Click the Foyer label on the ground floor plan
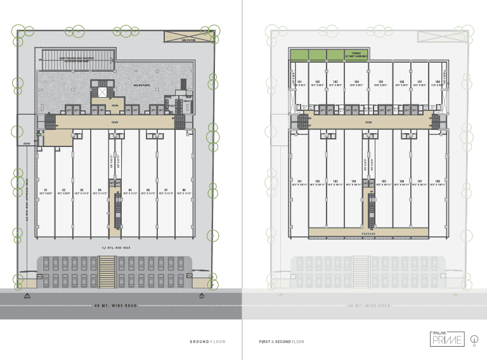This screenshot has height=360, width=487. pos(115,120)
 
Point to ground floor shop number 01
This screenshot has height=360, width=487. pos(45,190)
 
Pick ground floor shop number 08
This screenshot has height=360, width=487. pos(184,190)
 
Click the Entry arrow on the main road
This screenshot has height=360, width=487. pos(27,295)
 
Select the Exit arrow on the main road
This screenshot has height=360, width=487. pos(202,295)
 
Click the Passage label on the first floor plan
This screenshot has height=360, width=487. pos(369,233)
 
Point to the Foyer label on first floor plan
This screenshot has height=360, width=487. pos(368,120)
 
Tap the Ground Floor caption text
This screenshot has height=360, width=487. pos(207,342)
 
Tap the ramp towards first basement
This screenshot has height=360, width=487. pos(76,60)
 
